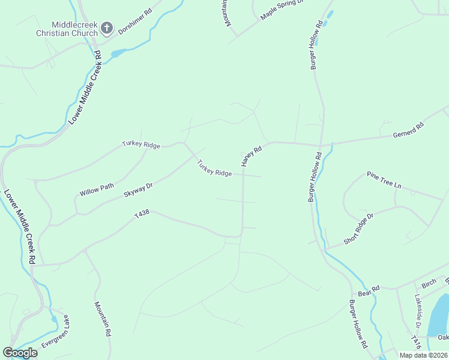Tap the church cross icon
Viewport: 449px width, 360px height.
tap(107, 28)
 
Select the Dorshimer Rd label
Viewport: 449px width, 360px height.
tap(135, 20)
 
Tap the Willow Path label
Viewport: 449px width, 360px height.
tap(97, 190)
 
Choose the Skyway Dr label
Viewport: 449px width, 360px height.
tap(139, 190)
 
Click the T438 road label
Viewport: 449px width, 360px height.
tap(142, 214)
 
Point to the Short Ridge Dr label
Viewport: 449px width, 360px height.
tap(358, 228)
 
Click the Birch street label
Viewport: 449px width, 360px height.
tap(429, 283)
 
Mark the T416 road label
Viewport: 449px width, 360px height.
tap(415, 342)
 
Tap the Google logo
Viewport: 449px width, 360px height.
tap(20, 353)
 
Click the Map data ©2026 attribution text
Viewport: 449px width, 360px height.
tap(424, 355)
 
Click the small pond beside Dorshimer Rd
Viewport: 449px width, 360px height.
tap(117, 53)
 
